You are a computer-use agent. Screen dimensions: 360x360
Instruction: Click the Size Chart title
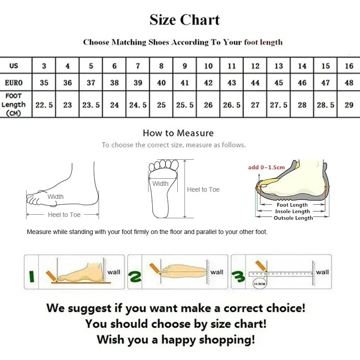(184, 20)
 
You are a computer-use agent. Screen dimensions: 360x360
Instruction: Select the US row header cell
(14, 66)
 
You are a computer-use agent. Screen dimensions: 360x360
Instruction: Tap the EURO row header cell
(14, 83)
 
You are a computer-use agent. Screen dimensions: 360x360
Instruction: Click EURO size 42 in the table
(208, 83)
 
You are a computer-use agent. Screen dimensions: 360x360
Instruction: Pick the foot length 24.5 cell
(138, 105)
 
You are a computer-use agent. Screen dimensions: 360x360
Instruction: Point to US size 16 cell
(349, 66)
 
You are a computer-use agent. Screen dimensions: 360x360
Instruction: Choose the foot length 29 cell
(349, 105)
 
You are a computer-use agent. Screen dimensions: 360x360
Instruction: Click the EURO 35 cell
(44, 83)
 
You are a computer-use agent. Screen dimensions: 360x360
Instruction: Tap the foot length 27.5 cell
(279, 105)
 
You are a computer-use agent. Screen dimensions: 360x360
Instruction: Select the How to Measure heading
(178, 133)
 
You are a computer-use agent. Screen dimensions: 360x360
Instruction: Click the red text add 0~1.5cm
(266, 167)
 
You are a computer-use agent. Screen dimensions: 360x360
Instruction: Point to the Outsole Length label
(293, 218)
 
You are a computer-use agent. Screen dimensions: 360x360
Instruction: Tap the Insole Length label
(293, 211)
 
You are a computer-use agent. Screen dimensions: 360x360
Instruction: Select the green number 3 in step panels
(238, 279)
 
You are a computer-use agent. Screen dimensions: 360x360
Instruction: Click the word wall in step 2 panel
(217, 272)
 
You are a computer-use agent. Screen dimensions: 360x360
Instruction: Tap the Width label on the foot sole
(160, 184)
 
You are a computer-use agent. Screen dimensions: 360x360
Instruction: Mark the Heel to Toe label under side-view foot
(64, 215)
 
